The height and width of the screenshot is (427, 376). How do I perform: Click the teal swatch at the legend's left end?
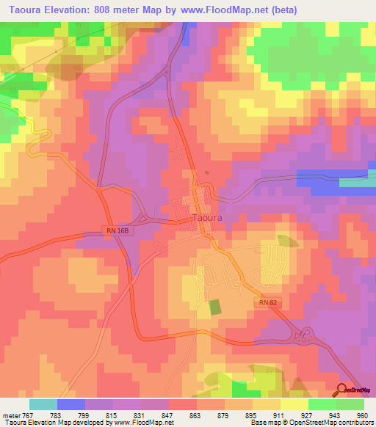[x=43, y=404]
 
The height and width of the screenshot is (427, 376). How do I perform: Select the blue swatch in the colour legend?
[x=71, y=404]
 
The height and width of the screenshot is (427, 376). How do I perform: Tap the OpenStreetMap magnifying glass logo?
[x=342, y=390]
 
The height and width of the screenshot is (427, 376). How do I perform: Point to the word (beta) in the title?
[x=292, y=10]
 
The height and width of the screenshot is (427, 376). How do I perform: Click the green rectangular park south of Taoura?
[x=215, y=306]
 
